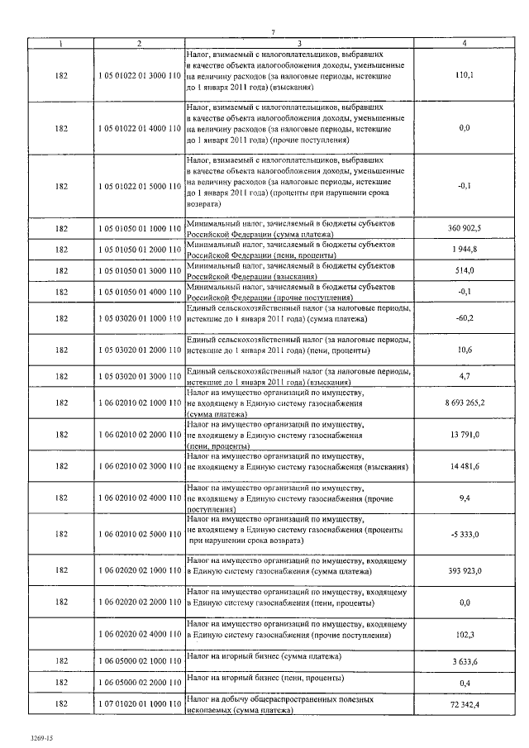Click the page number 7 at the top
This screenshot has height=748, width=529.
[x=271, y=31]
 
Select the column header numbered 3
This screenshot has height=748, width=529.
[x=299, y=42]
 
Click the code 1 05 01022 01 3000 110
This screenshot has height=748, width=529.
[x=139, y=75]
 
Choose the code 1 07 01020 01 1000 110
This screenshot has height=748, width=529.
[x=139, y=704]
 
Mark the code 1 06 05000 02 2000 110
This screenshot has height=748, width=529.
[x=139, y=683]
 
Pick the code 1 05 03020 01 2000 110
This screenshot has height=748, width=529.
[x=139, y=350]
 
